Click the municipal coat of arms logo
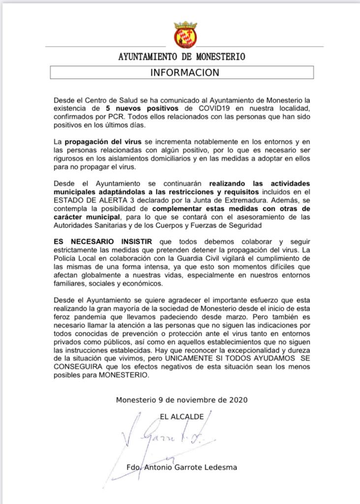point(185,34)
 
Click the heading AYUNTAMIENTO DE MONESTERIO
point(181,57)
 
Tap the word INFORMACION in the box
point(184,72)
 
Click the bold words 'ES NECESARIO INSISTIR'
point(99,242)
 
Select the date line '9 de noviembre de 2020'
point(203,400)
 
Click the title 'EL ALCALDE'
point(182,416)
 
